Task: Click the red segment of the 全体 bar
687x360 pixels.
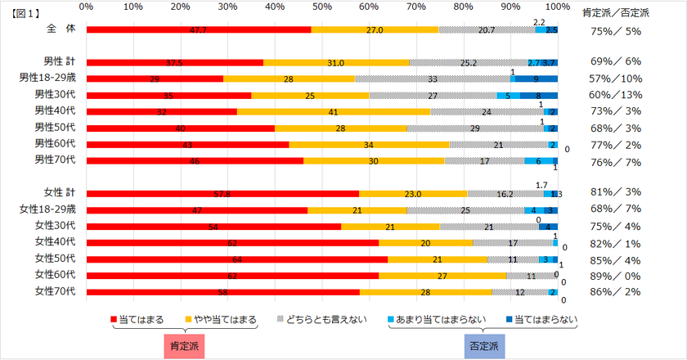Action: pos(199,30)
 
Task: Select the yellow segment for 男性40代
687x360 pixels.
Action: pos(334,111)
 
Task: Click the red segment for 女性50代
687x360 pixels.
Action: pos(237,259)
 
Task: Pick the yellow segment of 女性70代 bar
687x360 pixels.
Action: pos(425,292)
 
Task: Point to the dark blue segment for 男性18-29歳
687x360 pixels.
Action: pos(536,79)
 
